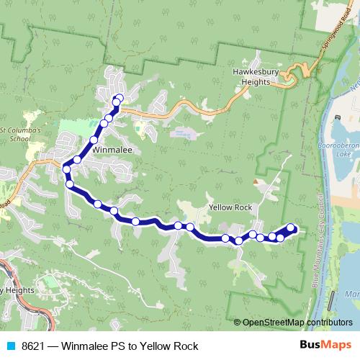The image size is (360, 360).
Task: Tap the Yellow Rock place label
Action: [230, 207]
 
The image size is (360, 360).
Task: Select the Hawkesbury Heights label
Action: [251, 76]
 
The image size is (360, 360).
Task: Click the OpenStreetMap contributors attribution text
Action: [297, 322]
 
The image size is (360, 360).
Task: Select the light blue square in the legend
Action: [9, 346]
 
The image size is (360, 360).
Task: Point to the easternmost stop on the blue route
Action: [291, 228]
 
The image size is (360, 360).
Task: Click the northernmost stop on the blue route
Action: [119, 98]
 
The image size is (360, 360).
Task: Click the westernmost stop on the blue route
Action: [66, 169]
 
